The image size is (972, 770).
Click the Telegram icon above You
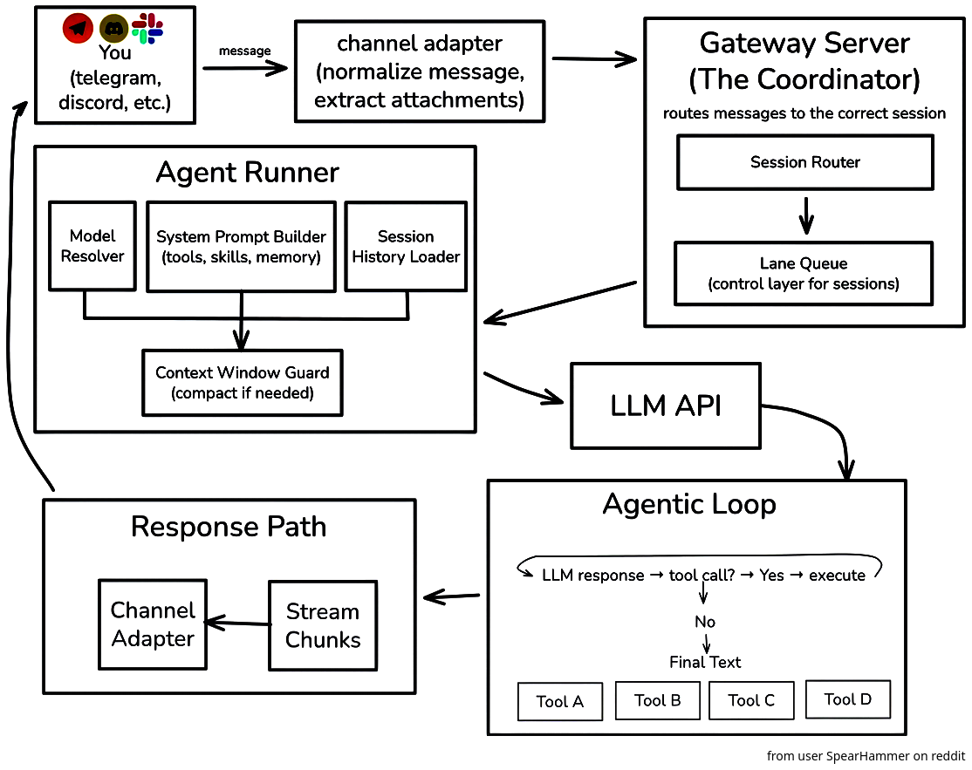(78, 28)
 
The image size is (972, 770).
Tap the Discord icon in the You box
(114, 28)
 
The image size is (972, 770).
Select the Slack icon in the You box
(147, 29)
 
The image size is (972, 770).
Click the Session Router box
(804, 162)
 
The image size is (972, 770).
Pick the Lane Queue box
(804, 273)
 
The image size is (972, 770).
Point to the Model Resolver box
(92, 246)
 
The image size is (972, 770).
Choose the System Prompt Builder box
(241, 246)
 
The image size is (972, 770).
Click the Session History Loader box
(406, 246)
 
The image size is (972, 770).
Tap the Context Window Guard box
(242, 382)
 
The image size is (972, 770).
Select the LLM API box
(665, 405)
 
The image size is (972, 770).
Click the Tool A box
(559, 701)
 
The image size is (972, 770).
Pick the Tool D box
(847, 698)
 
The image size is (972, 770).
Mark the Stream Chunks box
(323, 625)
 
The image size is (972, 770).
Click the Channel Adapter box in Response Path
(153, 624)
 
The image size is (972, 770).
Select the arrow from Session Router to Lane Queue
(806, 215)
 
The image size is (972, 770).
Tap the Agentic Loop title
(688, 504)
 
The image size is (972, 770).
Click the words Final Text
(705, 662)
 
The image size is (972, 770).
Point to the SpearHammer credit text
(866, 756)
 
